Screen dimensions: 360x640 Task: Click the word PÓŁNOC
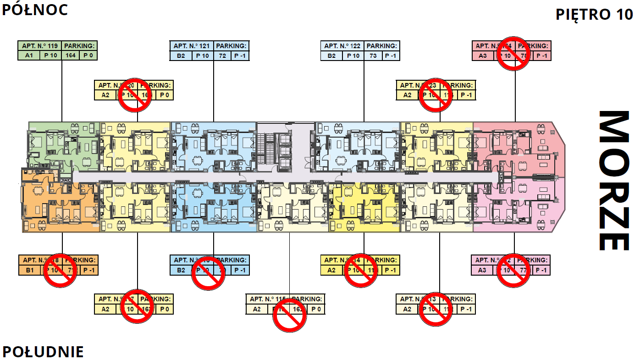pos(35,10)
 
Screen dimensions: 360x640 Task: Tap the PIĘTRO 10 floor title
pos(594,14)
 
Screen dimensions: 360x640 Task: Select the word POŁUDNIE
pos(43,352)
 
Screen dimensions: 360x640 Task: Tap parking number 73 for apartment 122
pos(373,56)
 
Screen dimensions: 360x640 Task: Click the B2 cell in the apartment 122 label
pos(331,56)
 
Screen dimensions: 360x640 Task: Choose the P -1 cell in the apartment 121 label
pos(240,56)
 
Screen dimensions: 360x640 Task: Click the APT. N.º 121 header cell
pos(191,46)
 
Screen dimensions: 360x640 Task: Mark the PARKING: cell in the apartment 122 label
pos(381,46)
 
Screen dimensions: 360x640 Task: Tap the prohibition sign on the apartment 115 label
pos(289,315)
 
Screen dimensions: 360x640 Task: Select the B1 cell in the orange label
pos(30,270)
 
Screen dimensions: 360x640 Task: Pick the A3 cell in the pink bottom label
pos(482,270)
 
